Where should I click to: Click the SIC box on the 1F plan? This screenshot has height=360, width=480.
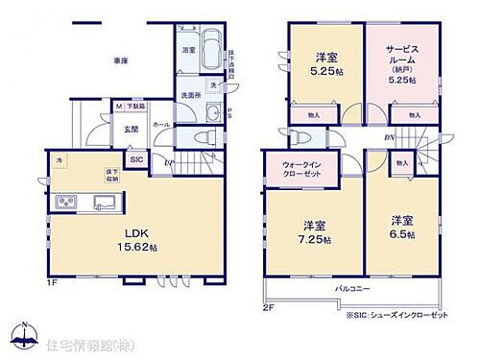[x=135, y=158]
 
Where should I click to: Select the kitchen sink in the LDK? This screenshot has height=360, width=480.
[x=103, y=202]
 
